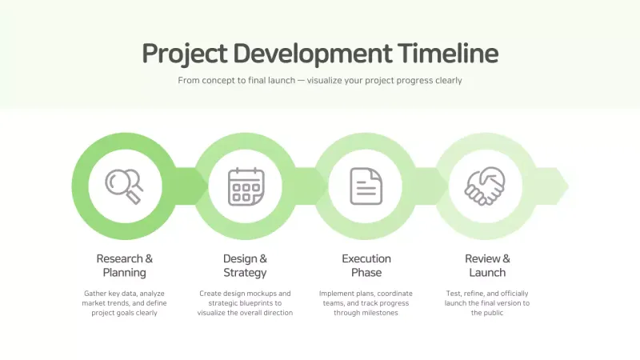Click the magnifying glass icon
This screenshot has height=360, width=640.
(124, 186)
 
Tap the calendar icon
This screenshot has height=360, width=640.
(246, 186)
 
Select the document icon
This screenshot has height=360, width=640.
(366, 186)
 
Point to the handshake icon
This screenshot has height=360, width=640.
(487, 186)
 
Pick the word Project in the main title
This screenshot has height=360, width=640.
(184, 54)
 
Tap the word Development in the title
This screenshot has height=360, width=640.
(312, 54)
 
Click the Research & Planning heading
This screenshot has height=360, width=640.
(124, 266)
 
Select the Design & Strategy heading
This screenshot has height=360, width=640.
(245, 266)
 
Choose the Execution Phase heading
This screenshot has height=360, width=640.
(366, 266)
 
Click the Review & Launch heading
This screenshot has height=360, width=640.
(487, 266)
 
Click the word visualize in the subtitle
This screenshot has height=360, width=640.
(330, 81)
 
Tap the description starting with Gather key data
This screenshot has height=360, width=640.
(124, 303)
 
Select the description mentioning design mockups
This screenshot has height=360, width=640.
(245, 303)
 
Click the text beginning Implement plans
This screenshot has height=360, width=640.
(364, 303)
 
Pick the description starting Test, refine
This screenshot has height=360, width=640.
(487, 303)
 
